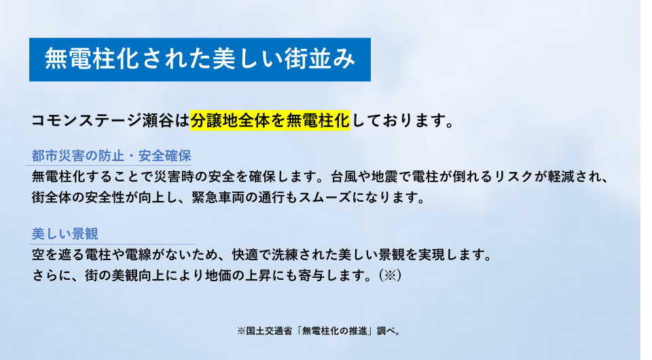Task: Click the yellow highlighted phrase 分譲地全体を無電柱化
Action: point(270,120)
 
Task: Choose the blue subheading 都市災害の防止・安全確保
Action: point(111,156)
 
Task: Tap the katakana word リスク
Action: point(513,177)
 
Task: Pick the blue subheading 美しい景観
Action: point(65,234)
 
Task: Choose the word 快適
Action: point(245,255)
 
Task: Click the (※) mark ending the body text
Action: point(390,275)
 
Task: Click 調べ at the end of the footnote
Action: point(386,331)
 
